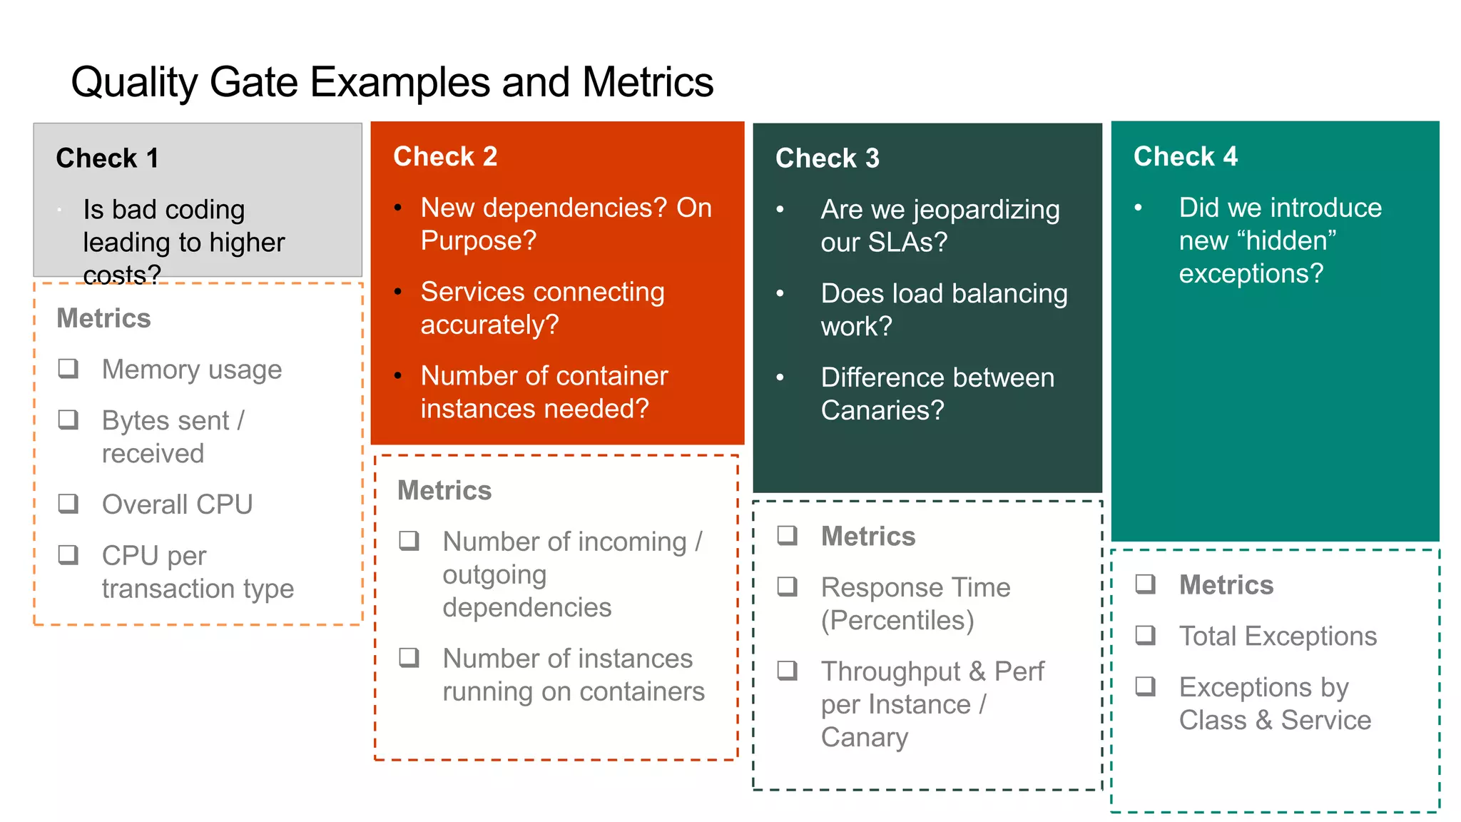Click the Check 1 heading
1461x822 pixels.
coord(107,158)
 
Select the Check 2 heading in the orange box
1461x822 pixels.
coord(445,156)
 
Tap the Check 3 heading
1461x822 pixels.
coord(827,158)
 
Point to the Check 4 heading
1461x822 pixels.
coord(1185,156)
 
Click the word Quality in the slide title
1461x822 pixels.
coord(134,82)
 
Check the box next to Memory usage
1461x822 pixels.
coord(68,369)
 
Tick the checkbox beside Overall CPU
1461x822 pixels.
coord(68,504)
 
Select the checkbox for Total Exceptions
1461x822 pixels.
coord(1145,634)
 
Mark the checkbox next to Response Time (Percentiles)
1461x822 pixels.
coord(787,587)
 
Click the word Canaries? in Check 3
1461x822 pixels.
coord(882,410)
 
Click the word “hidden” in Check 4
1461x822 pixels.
coord(1291,240)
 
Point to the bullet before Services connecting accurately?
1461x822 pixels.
coord(398,291)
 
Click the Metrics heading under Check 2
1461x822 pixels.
coord(444,490)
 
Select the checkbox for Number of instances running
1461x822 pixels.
coord(409,657)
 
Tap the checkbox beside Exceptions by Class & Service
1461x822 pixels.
coord(1145,686)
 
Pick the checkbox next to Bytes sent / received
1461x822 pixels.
coord(68,420)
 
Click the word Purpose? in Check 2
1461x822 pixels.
coord(478,240)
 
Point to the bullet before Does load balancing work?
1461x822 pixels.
coord(780,293)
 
